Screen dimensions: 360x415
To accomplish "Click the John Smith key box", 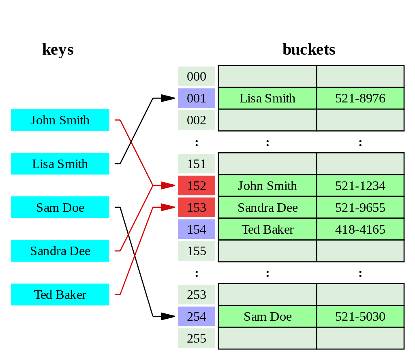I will point(60,120).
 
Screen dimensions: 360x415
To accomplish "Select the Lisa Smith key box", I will point(60,164).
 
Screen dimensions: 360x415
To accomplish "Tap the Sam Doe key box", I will point(60,208).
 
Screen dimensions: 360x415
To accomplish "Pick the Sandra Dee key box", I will point(60,251).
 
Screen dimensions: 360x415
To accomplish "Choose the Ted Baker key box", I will point(60,295).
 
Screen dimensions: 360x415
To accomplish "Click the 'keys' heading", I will point(58,50).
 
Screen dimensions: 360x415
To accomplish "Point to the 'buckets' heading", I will point(309,50).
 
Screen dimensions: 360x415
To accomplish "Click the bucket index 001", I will point(197,98).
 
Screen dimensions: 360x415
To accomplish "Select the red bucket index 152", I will point(197,186).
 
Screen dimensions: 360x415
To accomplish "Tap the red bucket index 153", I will point(197,208).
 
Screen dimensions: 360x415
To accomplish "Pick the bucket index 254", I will point(197,317).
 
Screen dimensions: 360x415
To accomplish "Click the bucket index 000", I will point(197,77).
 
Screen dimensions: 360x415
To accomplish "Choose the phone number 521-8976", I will point(360,98).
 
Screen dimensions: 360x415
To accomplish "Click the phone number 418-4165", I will point(360,230).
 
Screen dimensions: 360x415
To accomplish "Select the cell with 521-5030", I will point(360,317).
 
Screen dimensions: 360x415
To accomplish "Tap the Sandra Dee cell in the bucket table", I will point(267,208).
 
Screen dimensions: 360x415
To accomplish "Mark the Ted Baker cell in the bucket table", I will point(267,230).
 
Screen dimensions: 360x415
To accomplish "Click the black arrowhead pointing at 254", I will point(168,317).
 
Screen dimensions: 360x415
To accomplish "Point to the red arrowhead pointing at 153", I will point(168,207).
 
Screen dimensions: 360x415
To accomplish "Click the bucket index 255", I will point(197,339).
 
